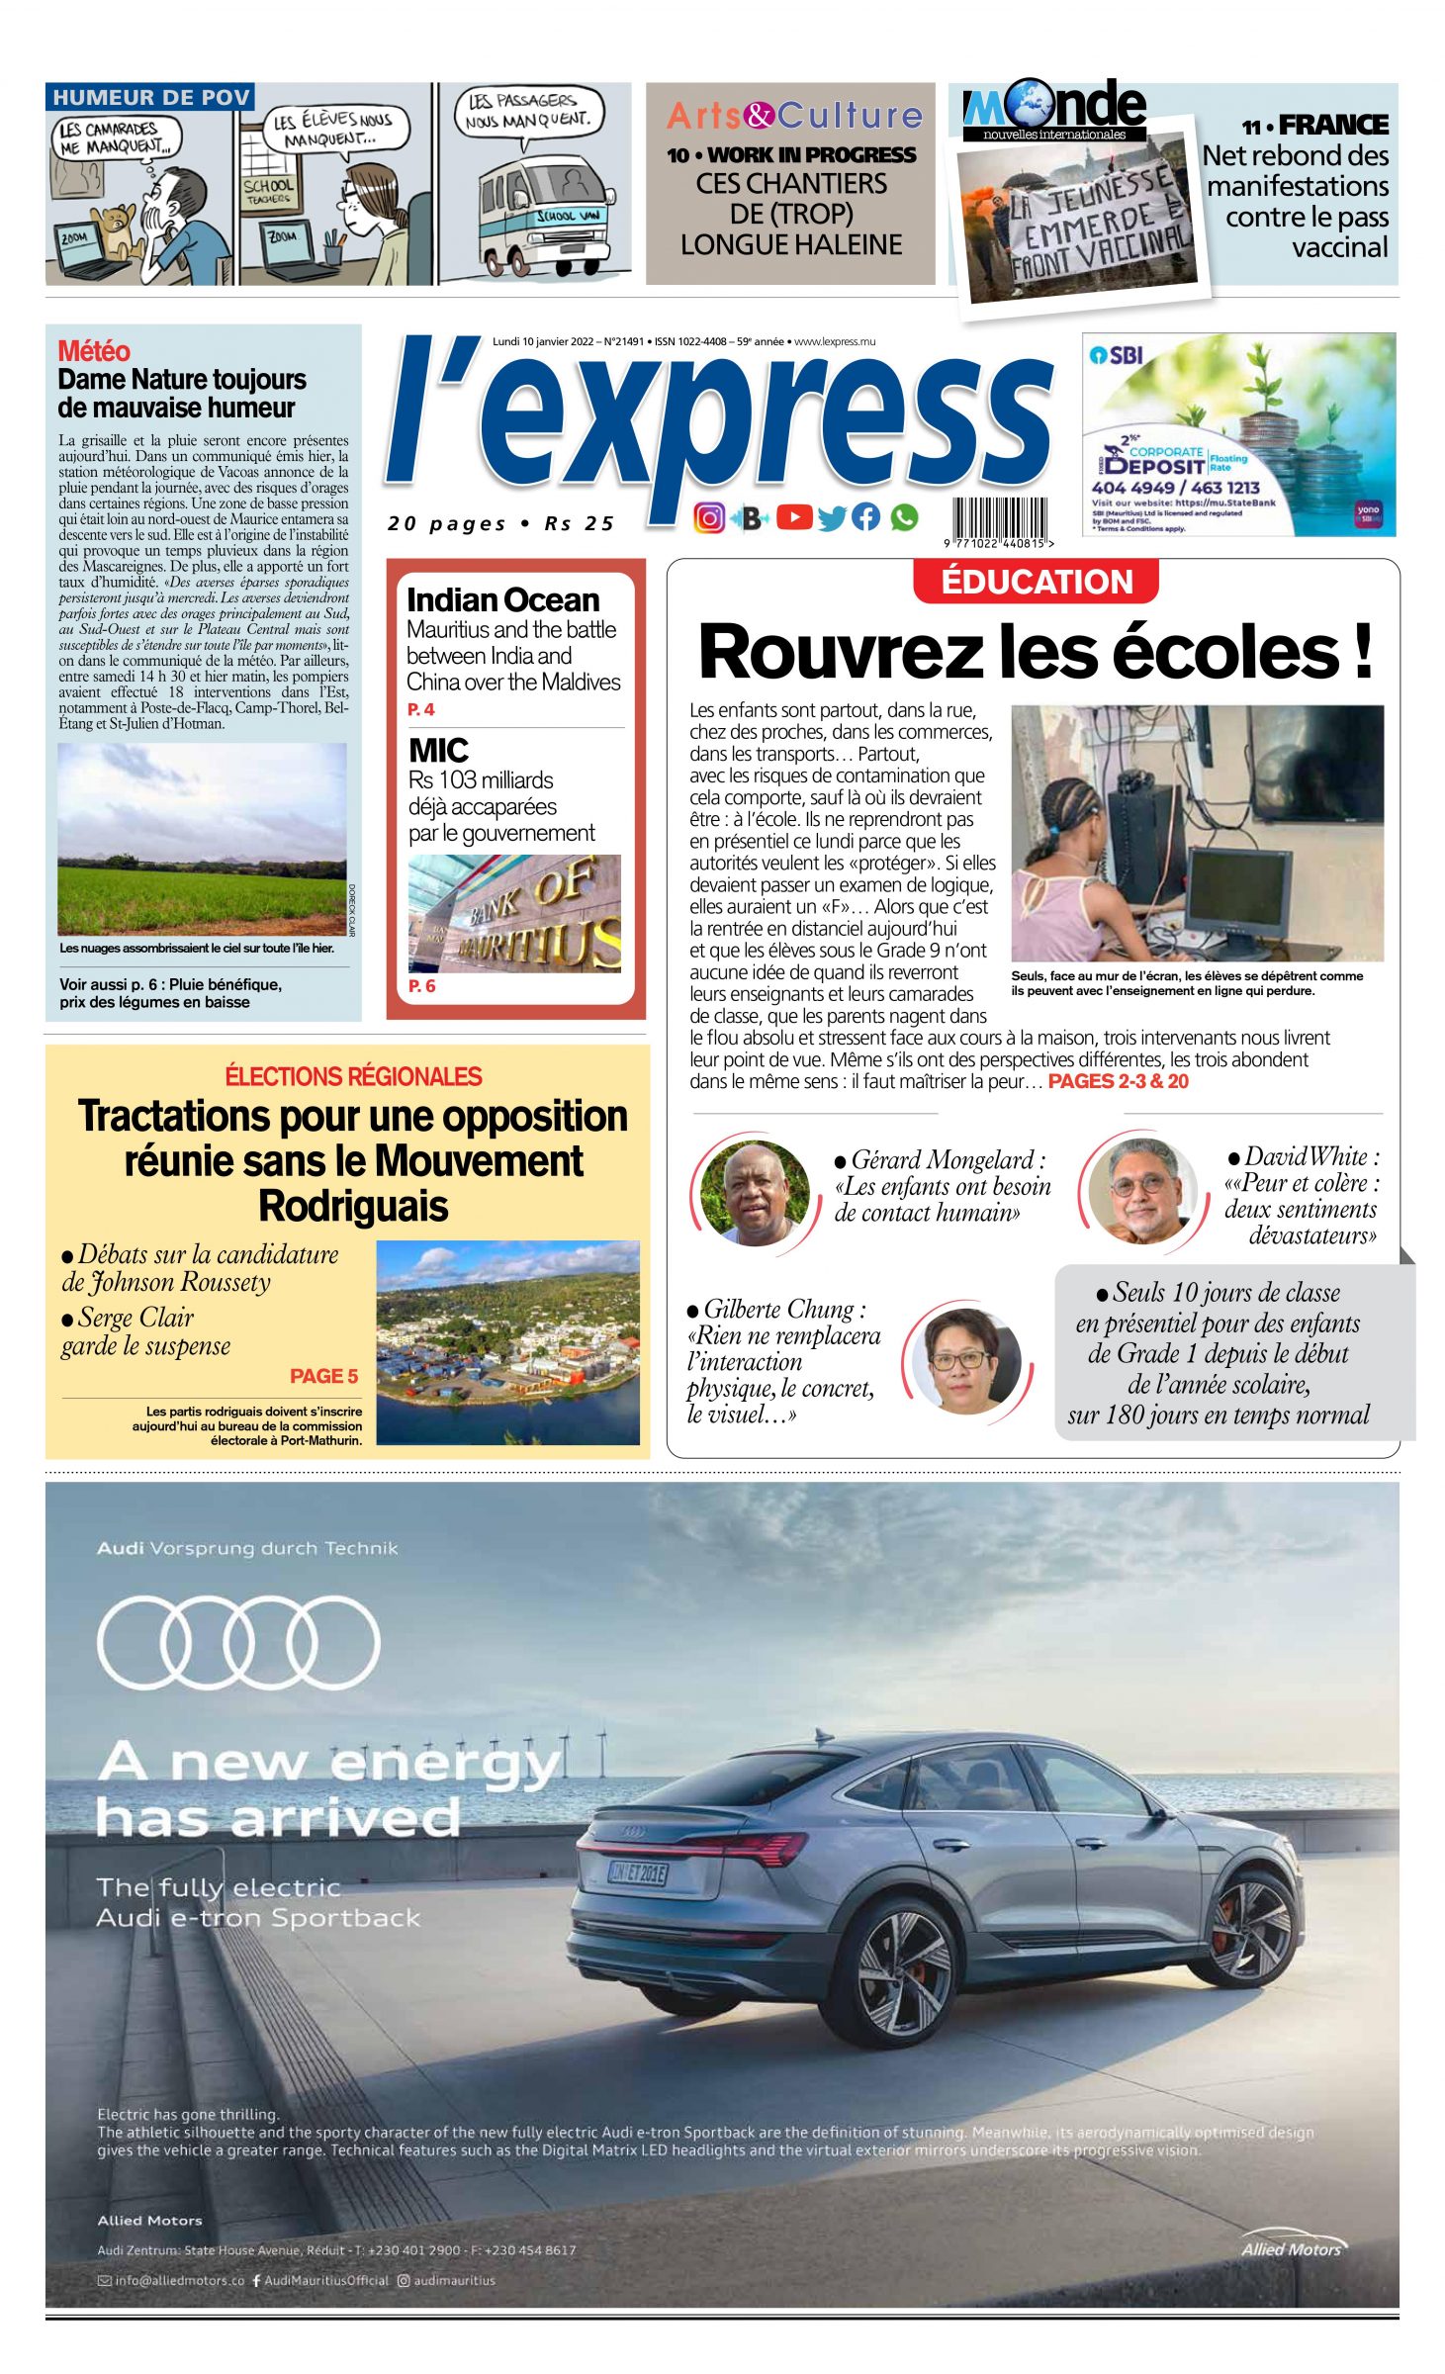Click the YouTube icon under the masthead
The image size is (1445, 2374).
[x=794, y=516]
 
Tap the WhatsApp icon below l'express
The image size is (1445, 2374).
[x=904, y=516]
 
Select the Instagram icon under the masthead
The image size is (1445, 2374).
[x=708, y=517]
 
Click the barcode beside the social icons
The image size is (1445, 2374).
[x=999, y=518]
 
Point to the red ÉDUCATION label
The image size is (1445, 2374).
[x=1036, y=582]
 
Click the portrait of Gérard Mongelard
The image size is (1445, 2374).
[x=755, y=1192]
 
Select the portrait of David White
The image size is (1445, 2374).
[x=1141, y=1190]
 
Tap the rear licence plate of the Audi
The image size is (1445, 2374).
[x=638, y=1872]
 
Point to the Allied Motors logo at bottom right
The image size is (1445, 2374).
[x=1292, y=2247]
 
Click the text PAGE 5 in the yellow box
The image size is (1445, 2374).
[x=323, y=1376]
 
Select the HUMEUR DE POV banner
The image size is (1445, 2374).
[x=150, y=97]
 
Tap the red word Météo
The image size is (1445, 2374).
[x=94, y=351]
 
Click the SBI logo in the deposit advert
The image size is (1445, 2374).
[x=1116, y=354]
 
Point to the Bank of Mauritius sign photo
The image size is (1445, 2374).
[x=514, y=913]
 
